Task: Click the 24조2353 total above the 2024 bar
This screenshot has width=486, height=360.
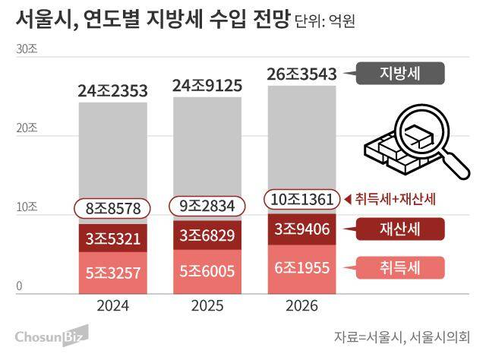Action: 112,92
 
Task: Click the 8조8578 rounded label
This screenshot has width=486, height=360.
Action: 112,207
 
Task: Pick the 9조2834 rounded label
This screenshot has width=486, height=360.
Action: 208,207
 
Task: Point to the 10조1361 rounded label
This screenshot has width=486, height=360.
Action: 301,200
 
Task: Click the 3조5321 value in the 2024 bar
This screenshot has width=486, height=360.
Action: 112,238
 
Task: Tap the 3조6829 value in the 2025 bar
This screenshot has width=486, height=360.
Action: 208,236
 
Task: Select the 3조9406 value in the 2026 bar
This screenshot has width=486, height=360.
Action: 302,228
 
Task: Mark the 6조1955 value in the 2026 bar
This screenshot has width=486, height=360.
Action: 302,267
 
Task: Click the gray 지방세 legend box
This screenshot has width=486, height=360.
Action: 399,74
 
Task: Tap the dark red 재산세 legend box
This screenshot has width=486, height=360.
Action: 399,228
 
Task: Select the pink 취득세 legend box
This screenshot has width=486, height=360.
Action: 399,267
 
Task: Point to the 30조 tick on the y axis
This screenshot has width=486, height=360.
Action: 26,49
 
